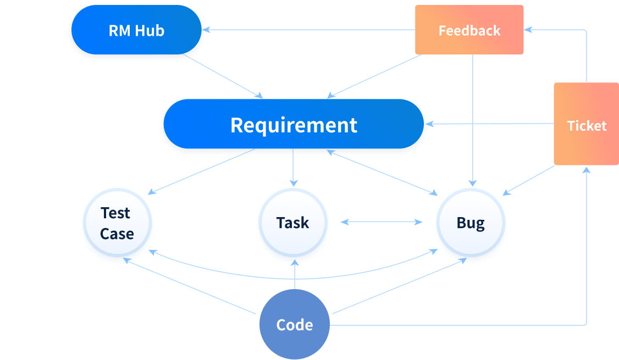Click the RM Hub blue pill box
(x=136, y=30)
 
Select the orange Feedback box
(x=469, y=30)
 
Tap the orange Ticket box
(x=586, y=125)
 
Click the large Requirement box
(x=294, y=125)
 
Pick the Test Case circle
(x=117, y=223)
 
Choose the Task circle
(x=292, y=223)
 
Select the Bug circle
(x=471, y=223)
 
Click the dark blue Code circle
(x=294, y=325)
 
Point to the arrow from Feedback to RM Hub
(x=308, y=30)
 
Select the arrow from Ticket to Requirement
(x=489, y=124)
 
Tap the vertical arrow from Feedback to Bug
(x=473, y=121)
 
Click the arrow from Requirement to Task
(x=293, y=168)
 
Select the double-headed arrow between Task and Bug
(x=382, y=222)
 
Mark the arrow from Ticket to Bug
(x=529, y=180)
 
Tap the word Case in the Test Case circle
(x=117, y=234)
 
